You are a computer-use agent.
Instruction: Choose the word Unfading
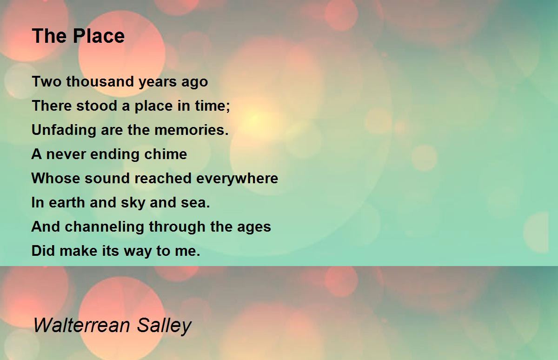pyautogui.click(x=64, y=130)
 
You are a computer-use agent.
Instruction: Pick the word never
pyautogui.click(x=66, y=154)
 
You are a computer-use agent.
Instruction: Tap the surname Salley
pyautogui.click(x=164, y=326)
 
